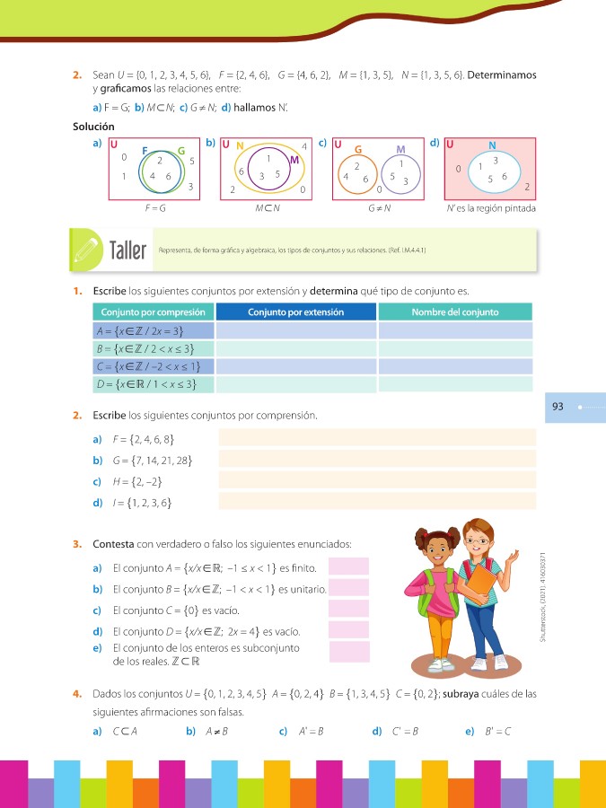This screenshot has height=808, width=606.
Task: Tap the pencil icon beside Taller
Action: pyautogui.click(x=85, y=248)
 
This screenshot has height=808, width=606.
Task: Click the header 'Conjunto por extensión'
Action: pyautogui.click(x=296, y=312)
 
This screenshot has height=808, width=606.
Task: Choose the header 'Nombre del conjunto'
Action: pyautogui.click(x=454, y=312)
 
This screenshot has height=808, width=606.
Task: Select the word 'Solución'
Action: pyautogui.click(x=93, y=127)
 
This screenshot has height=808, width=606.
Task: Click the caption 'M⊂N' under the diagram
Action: pyautogui.click(x=266, y=207)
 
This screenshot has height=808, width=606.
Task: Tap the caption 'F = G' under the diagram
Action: pyautogui.click(x=155, y=207)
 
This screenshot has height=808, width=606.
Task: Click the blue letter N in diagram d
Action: pyautogui.click(x=492, y=145)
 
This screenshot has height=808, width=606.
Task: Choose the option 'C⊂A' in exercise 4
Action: pyautogui.click(x=124, y=731)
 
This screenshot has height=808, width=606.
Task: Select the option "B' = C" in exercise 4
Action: pyautogui.click(x=497, y=731)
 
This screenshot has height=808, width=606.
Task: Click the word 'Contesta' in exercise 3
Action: pyautogui.click(x=111, y=544)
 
